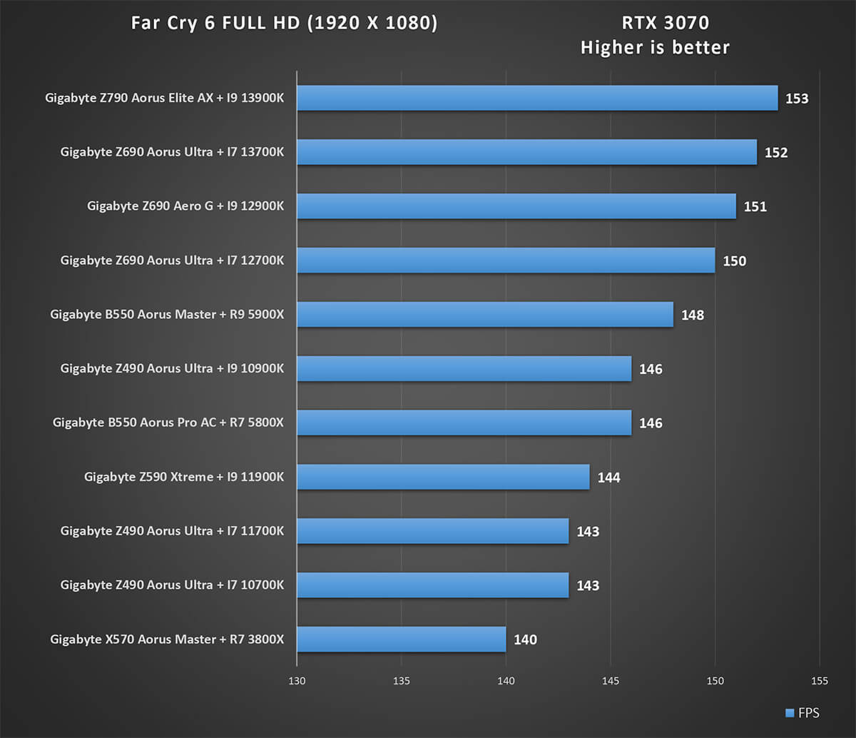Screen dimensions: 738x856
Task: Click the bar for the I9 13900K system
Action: click(536, 98)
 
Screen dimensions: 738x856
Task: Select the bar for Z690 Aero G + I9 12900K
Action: click(516, 206)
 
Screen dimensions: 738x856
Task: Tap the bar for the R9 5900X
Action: click(484, 315)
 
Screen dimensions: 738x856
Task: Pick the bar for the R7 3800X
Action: click(401, 640)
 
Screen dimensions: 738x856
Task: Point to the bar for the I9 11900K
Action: click(442, 477)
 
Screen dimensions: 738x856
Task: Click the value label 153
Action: click(797, 98)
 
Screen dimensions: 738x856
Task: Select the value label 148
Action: click(692, 315)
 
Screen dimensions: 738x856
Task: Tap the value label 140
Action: click(525, 640)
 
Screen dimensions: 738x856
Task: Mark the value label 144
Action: click(608, 477)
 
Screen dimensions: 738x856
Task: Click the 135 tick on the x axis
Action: click(401, 681)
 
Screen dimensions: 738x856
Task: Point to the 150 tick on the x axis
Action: click(715, 681)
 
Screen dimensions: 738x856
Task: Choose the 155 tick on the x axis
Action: click(820, 681)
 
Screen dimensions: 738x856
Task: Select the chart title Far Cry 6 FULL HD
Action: click(284, 24)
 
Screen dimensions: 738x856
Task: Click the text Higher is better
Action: click(655, 48)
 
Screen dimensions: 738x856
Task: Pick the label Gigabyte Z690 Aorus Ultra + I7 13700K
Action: click(172, 152)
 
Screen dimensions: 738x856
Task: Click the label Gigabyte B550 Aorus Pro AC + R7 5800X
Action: click(168, 423)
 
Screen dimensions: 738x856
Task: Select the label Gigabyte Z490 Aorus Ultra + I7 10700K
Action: click(172, 585)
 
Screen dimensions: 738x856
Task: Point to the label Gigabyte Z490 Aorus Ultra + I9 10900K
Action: click(172, 369)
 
